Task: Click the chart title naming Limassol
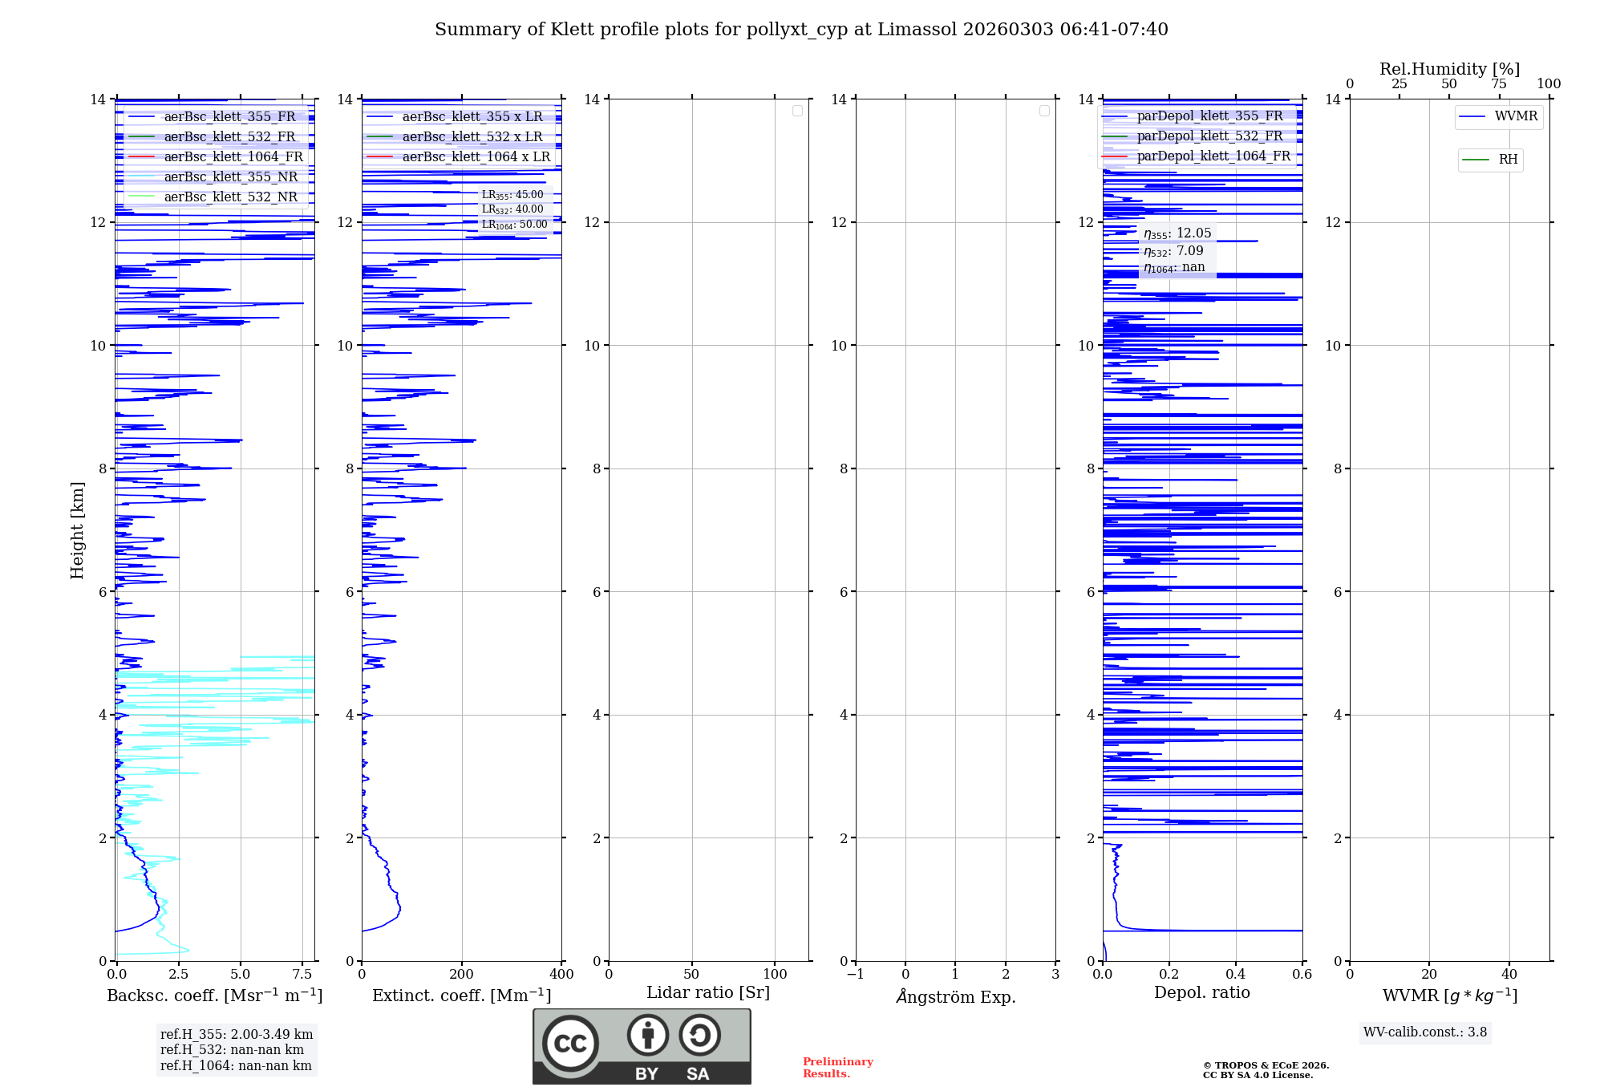coord(801,30)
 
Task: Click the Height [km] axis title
coord(77,529)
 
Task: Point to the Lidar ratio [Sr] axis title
coord(708,992)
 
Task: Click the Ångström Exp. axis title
coord(955,996)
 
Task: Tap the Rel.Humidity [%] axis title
coord(1449,69)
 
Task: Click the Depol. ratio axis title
coord(1201,992)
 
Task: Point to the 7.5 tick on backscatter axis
coord(302,974)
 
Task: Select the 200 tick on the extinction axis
coord(461,974)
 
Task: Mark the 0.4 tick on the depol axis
coord(1235,974)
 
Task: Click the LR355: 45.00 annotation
coord(512,195)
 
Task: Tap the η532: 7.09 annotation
coord(1173,251)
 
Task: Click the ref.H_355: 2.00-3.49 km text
coord(237,1034)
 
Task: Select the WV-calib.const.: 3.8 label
coord(1425,1032)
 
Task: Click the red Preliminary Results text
coord(837,1067)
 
